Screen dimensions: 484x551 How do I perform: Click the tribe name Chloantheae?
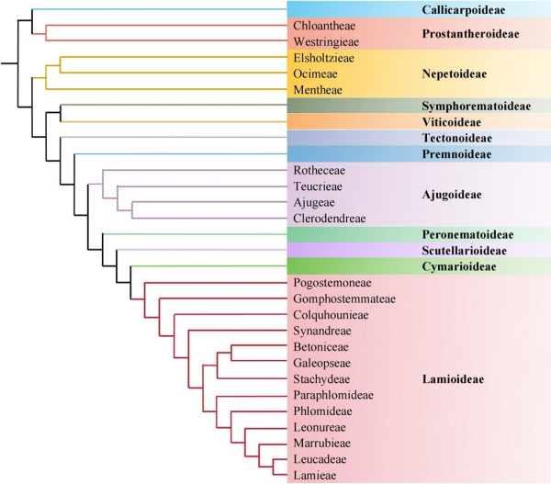pyautogui.click(x=320, y=26)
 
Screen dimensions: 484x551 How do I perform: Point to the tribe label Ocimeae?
pyautogui.click(x=312, y=73)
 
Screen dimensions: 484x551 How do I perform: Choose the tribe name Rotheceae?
pyautogui.click(x=318, y=171)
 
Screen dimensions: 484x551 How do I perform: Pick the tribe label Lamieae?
pyautogui.click(x=314, y=474)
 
